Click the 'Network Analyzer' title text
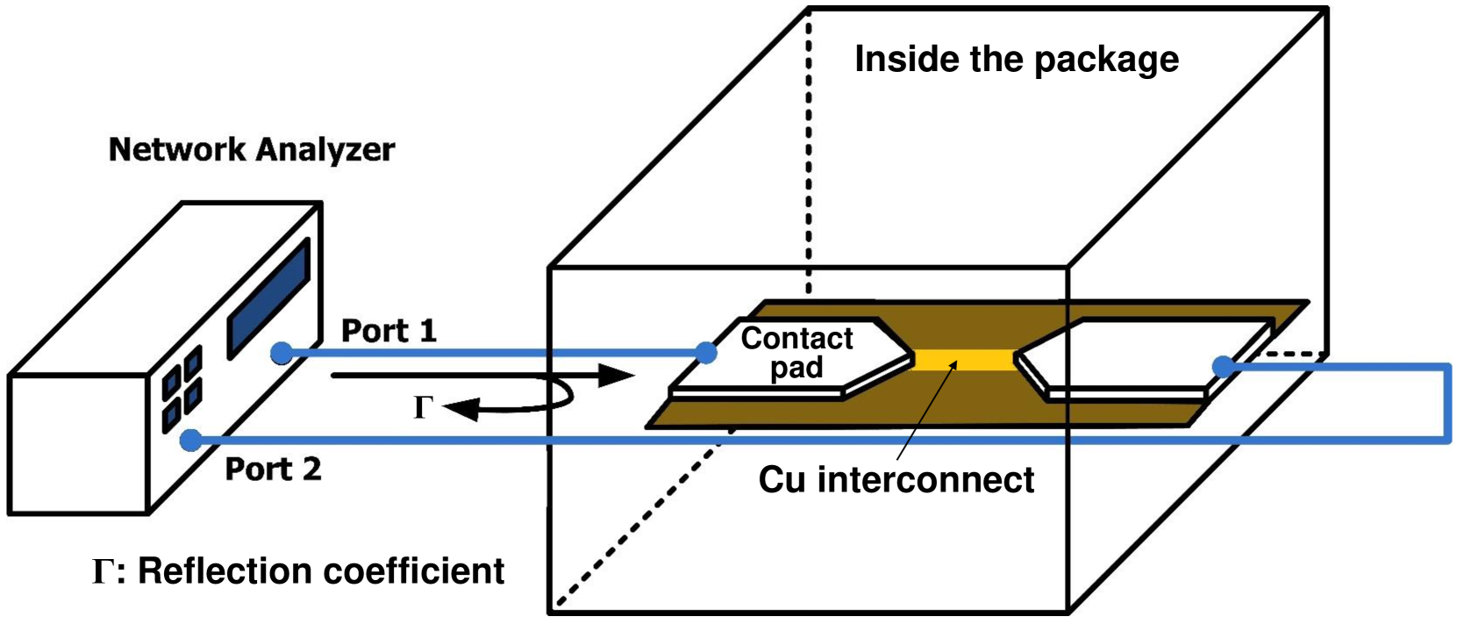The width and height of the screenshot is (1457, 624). coord(252,149)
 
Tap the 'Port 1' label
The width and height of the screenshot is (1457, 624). coord(389,331)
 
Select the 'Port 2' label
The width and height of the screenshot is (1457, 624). coord(273,469)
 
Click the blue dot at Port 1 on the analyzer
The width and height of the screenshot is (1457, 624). coord(281,353)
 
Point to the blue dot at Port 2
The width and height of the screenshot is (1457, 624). coord(190,440)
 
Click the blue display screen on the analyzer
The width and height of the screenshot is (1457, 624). coord(268,298)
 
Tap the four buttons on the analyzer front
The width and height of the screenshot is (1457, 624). coord(182,389)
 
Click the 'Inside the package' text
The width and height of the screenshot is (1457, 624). coord(1016,59)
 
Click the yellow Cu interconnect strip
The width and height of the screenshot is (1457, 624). coord(963,360)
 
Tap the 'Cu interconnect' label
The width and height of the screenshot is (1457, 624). coord(896,479)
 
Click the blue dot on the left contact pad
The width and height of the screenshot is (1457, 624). coord(706,353)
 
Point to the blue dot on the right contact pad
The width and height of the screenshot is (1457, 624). coord(1222,366)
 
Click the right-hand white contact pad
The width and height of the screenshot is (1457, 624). coord(1140,355)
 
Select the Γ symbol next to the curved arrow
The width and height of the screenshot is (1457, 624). coord(423,407)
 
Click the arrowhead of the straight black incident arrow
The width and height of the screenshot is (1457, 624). coord(616,377)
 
